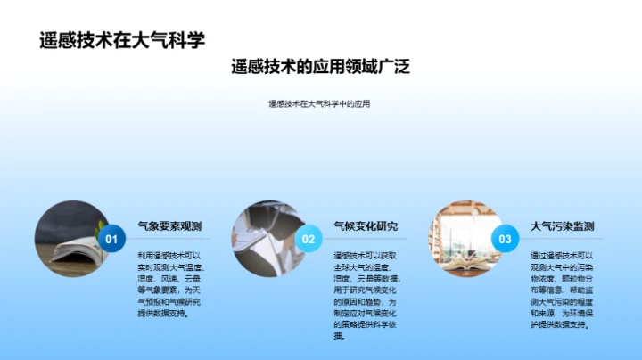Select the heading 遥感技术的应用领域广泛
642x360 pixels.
point(320,68)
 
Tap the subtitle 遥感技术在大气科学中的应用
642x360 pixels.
point(319,103)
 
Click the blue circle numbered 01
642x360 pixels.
point(111,239)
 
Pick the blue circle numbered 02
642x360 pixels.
point(309,239)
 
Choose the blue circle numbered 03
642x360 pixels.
point(505,239)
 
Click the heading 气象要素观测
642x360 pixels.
point(169,226)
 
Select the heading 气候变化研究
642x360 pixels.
point(366,226)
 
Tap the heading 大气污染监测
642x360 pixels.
point(562,226)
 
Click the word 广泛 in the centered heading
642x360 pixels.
point(393,68)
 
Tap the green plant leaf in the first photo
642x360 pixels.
point(101,229)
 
